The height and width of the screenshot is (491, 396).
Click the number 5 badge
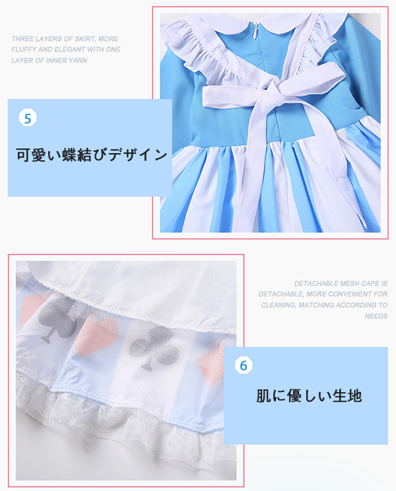pyautogui.click(x=28, y=118)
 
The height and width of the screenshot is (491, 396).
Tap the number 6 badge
pyautogui.click(x=244, y=365)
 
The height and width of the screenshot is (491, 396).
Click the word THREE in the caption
pyautogui.click(x=22, y=39)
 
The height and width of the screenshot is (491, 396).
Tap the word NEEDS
pyautogui.click(x=376, y=316)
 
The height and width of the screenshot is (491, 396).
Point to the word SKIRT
pyautogui.click(x=85, y=39)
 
